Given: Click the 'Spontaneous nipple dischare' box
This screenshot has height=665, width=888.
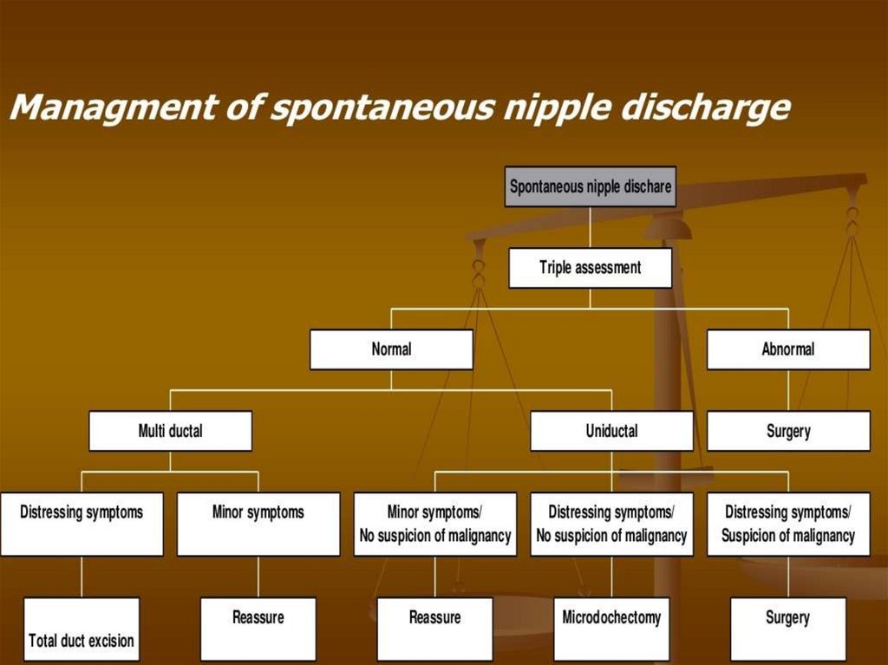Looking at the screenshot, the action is click(590, 186).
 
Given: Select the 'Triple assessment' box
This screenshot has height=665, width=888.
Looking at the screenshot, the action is click(590, 268).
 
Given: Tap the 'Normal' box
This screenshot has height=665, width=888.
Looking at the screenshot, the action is click(391, 350).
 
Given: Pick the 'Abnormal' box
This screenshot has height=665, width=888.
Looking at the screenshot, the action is click(788, 350).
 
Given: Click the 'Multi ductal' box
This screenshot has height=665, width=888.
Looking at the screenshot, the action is click(170, 431).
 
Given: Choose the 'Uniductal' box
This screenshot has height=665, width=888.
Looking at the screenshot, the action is click(611, 431).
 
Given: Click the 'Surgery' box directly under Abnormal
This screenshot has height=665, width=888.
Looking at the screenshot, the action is click(788, 431).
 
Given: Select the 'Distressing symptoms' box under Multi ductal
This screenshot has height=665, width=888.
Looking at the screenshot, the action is click(82, 524).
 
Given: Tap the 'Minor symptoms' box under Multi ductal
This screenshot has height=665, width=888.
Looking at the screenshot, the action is click(258, 524).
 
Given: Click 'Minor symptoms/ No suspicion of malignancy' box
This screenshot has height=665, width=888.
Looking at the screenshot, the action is click(435, 524).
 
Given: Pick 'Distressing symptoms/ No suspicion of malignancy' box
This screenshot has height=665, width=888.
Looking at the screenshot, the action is click(611, 524).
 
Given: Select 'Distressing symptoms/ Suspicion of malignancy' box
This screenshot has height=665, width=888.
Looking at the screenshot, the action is click(788, 524).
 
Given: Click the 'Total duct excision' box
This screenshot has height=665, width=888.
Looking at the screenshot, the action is click(82, 629).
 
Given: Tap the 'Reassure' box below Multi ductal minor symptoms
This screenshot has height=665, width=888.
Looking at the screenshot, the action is click(258, 629).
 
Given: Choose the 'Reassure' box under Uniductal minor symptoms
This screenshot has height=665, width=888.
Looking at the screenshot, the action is click(435, 629).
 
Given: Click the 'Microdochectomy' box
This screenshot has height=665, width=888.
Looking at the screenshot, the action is click(611, 629).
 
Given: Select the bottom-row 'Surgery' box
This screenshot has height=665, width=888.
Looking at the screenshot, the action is click(788, 629).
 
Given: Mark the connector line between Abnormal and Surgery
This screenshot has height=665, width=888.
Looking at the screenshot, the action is click(788, 390).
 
